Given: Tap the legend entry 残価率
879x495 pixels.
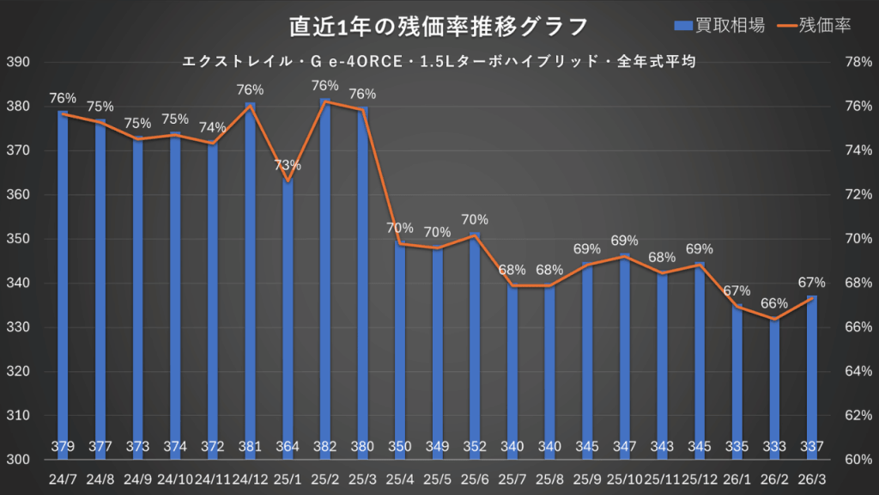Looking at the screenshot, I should [812, 26].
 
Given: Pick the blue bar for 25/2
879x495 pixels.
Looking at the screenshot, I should [325, 275].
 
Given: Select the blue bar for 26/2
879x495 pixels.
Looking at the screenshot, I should [774, 387].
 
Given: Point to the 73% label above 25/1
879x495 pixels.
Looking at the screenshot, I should [288, 165].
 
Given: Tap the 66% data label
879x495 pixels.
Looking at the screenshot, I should [773, 303].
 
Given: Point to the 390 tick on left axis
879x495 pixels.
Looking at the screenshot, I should [18, 63].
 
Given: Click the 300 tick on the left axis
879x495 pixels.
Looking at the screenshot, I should [18, 460].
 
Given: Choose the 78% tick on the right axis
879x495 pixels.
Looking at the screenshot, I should [859, 63].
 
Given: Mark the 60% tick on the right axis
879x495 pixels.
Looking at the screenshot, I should [859, 460].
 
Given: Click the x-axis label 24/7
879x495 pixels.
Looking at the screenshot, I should [63, 478].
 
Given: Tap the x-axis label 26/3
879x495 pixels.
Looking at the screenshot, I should [811, 478].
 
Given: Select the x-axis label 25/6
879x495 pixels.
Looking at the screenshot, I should [475, 478].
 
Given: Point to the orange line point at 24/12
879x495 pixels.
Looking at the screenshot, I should [250, 106].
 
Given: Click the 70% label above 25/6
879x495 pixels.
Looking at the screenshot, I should [475, 219].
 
